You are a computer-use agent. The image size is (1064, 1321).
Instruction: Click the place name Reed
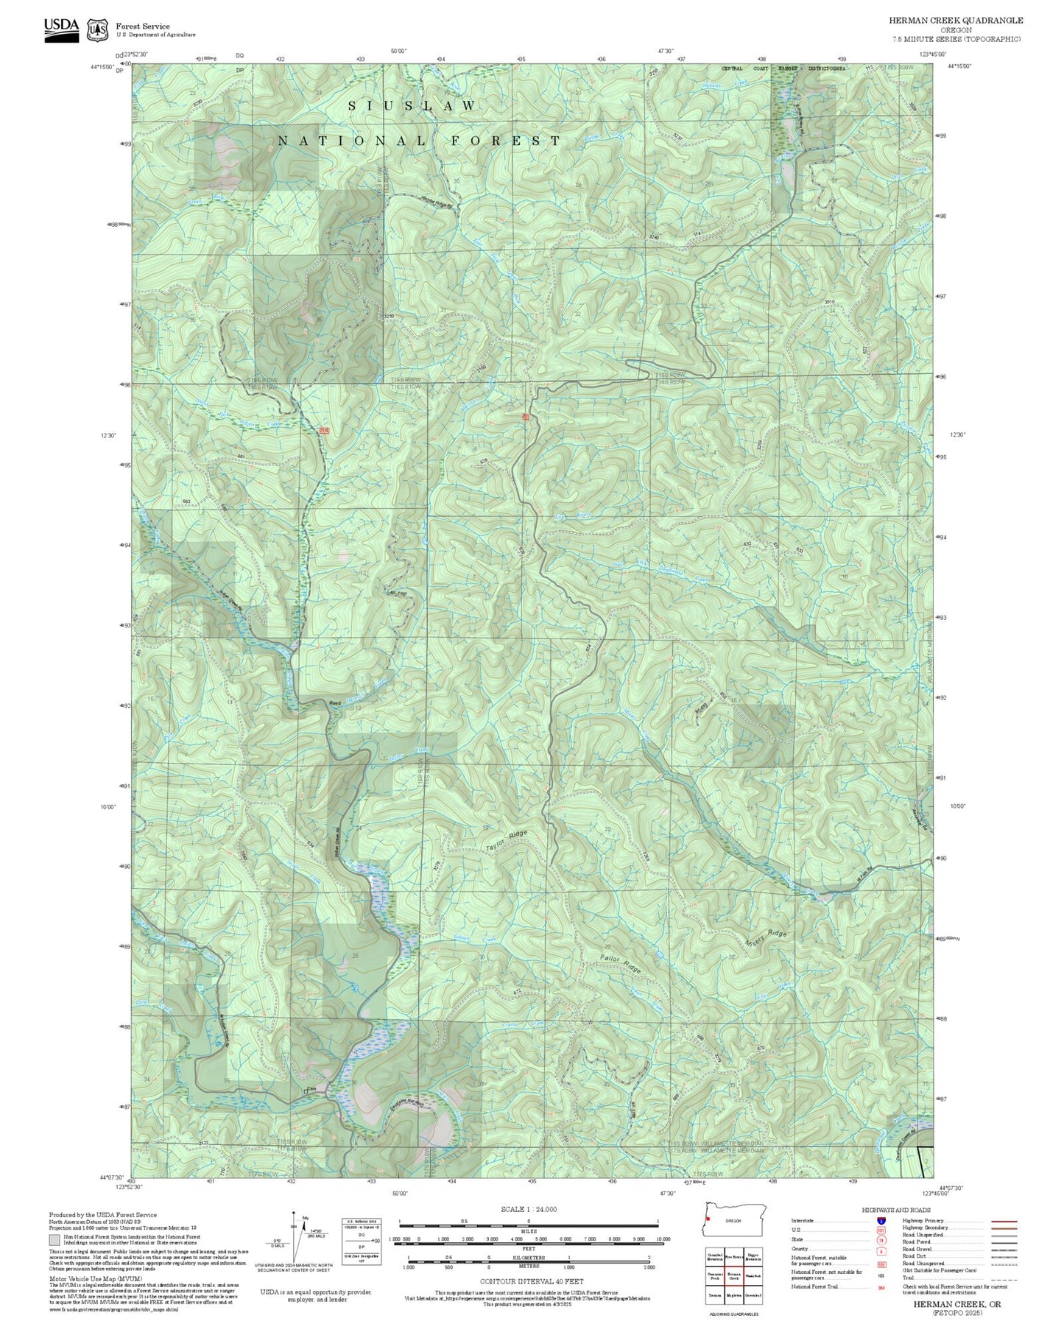tap(335, 703)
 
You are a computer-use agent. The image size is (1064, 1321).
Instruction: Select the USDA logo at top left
tap(61, 29)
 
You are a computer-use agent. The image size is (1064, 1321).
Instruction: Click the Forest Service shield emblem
tap(97, 29)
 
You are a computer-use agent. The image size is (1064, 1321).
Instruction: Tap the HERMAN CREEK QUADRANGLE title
tap(956, 20)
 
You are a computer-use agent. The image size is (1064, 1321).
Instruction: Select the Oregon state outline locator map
tap(733, 1221)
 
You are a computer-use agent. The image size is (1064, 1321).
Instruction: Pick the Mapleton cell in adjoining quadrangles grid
tap(733, 1295)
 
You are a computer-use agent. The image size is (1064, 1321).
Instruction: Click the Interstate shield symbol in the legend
tap(881, 1221)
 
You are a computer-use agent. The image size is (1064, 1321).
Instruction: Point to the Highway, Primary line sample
tap(1004, 1221)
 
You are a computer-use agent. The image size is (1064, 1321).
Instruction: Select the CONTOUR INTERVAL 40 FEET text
tap(532, 1282)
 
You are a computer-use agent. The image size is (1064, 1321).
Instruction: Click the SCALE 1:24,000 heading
tap(529, 1209)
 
